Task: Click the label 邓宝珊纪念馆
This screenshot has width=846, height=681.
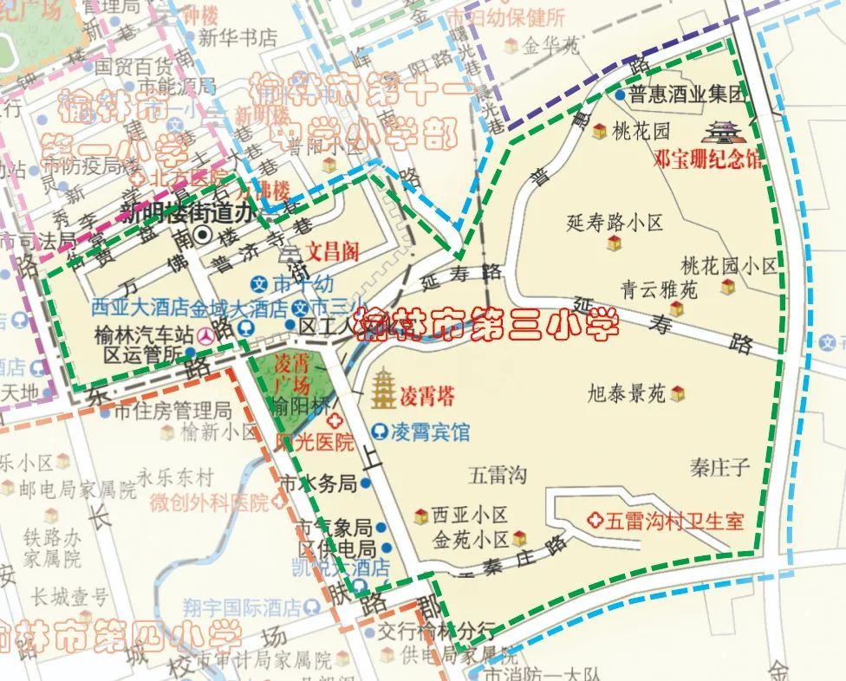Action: (x=708, y=159)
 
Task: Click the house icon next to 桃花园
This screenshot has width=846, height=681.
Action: (x=598, y=132)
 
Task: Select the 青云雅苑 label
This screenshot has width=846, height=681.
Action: (x=659, y=289)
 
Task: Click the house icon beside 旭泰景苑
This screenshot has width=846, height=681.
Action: (x=678, y=394)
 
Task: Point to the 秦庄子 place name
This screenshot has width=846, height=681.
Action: (x=719, y=468)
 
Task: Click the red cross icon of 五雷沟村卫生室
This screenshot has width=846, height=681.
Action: (x=595, y=521)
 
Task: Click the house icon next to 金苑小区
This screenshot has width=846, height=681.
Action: (x=519, y=538)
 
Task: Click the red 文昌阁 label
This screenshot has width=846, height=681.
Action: (x=329, y=252)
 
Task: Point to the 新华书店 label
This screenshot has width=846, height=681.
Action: (x=237, y=38)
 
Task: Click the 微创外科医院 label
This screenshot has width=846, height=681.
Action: (x=209, y=502)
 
